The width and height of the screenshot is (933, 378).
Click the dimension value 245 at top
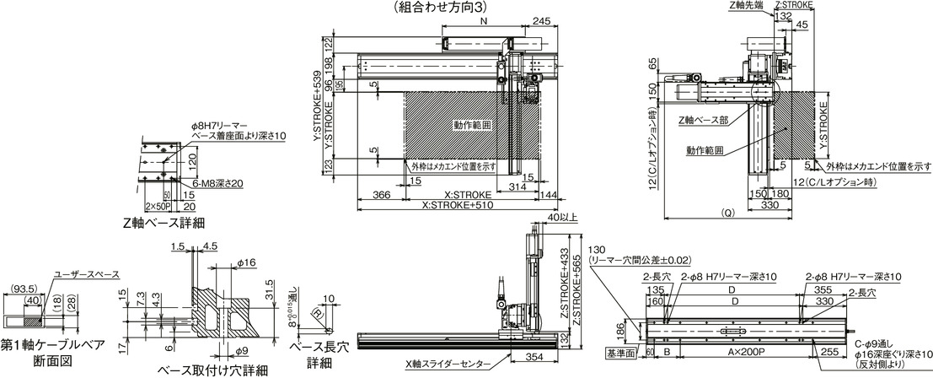point(542,22)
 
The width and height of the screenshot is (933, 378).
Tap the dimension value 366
point(381,194)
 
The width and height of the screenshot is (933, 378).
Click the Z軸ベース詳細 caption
point(164,223)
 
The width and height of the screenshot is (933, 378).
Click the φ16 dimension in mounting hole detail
point(246,262)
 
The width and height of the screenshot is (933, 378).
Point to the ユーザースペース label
point(86,273)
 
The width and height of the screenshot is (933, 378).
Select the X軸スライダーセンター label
point(444,364)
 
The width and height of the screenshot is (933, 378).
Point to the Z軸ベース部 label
point(703,121)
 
